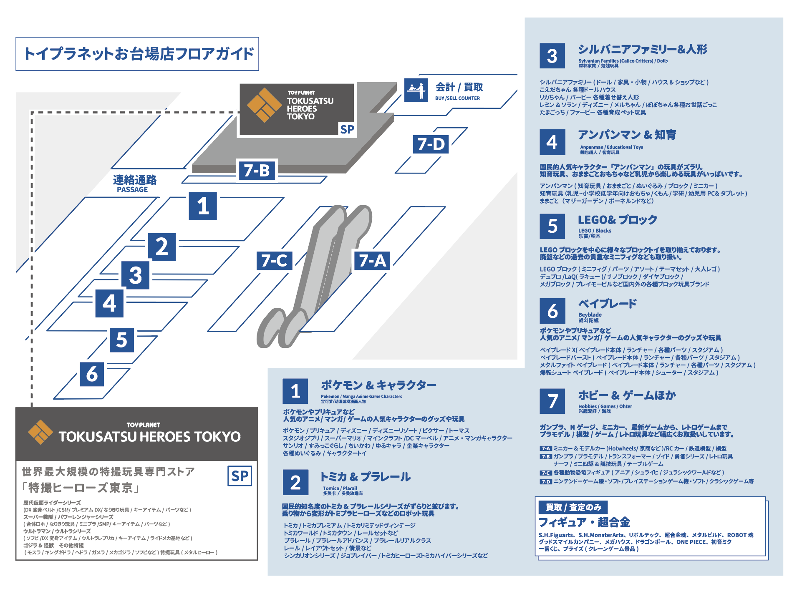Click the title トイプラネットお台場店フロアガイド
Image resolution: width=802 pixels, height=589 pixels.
pos(137,54)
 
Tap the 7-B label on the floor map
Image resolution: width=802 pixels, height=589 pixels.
pos(257,171)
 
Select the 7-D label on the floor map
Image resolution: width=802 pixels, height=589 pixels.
pos(431,144)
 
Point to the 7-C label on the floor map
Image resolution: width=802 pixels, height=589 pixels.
pos(274,261)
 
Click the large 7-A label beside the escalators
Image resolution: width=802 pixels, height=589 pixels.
pos(372,261)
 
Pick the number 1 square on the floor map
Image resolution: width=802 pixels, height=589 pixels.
pos(203,206)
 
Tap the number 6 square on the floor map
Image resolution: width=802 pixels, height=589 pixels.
pos(92,374)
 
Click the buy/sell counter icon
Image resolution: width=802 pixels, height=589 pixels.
pos(416,90)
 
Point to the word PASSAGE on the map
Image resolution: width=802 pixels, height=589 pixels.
pos(132,190)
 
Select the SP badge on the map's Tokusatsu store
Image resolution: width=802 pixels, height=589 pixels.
pos(347,129)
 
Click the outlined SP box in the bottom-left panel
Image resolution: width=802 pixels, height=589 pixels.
pos(240,476)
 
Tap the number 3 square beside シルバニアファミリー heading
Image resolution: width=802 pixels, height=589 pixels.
pos(552,56)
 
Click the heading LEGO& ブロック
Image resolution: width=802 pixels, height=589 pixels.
pos(617,220)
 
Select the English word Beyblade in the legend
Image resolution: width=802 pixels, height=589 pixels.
pos(590,315)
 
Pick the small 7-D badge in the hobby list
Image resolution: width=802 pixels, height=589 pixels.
pos(546,481)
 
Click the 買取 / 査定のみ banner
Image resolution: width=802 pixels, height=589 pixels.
pos(573,507)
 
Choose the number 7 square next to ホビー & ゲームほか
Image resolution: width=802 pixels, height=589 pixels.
pos(552,401)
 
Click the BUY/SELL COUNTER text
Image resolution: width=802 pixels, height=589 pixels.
pos(457,98)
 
